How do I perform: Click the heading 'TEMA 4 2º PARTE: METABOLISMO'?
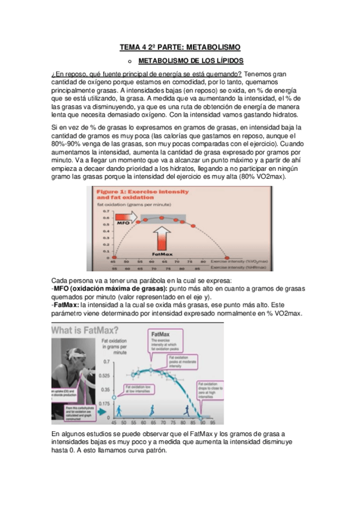[180, 46]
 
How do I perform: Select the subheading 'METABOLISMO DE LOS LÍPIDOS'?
[187, 61]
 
